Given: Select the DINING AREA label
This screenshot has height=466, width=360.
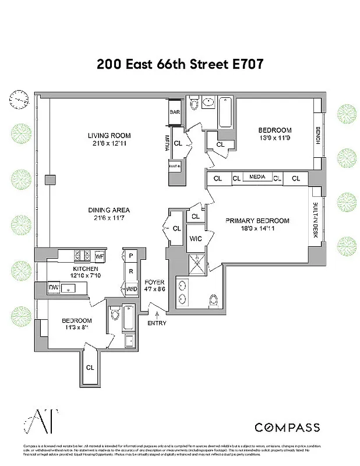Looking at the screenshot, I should pos(109,210).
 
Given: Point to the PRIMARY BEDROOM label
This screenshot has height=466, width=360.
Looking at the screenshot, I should pos(257,221).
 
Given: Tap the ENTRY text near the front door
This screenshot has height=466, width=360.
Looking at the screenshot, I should pos(157,323).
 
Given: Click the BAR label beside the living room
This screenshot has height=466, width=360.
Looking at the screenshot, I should pos(174,111).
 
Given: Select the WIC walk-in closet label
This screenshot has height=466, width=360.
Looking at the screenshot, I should pos(195,238).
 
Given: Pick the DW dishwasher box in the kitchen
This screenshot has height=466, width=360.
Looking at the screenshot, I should pos(54,288).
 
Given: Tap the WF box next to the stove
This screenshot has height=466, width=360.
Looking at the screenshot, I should pos(99,255).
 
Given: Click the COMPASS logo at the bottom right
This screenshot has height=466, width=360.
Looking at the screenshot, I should pos(287,428).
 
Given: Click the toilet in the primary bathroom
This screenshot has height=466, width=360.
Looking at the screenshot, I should pos(213,300).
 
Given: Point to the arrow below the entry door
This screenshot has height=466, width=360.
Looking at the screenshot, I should pos(157,315).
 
